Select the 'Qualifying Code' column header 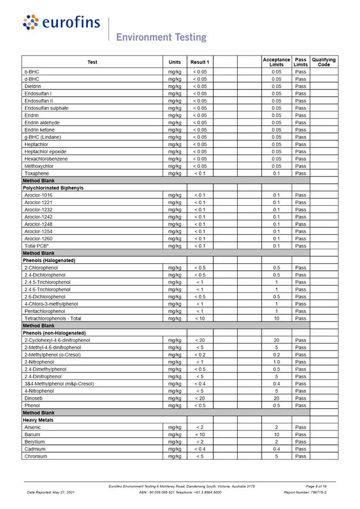324,62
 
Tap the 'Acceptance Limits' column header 276,62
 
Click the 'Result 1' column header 200,62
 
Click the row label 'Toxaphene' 36,174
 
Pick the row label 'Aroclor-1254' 38,231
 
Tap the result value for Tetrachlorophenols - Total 200,319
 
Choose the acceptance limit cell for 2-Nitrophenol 276,362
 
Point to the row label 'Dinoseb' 34,399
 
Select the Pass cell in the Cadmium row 300,449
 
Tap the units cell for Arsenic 174,427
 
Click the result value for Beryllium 200,442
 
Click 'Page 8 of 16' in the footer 317,486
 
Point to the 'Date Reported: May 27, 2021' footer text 51,492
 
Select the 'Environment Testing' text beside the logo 161,37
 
